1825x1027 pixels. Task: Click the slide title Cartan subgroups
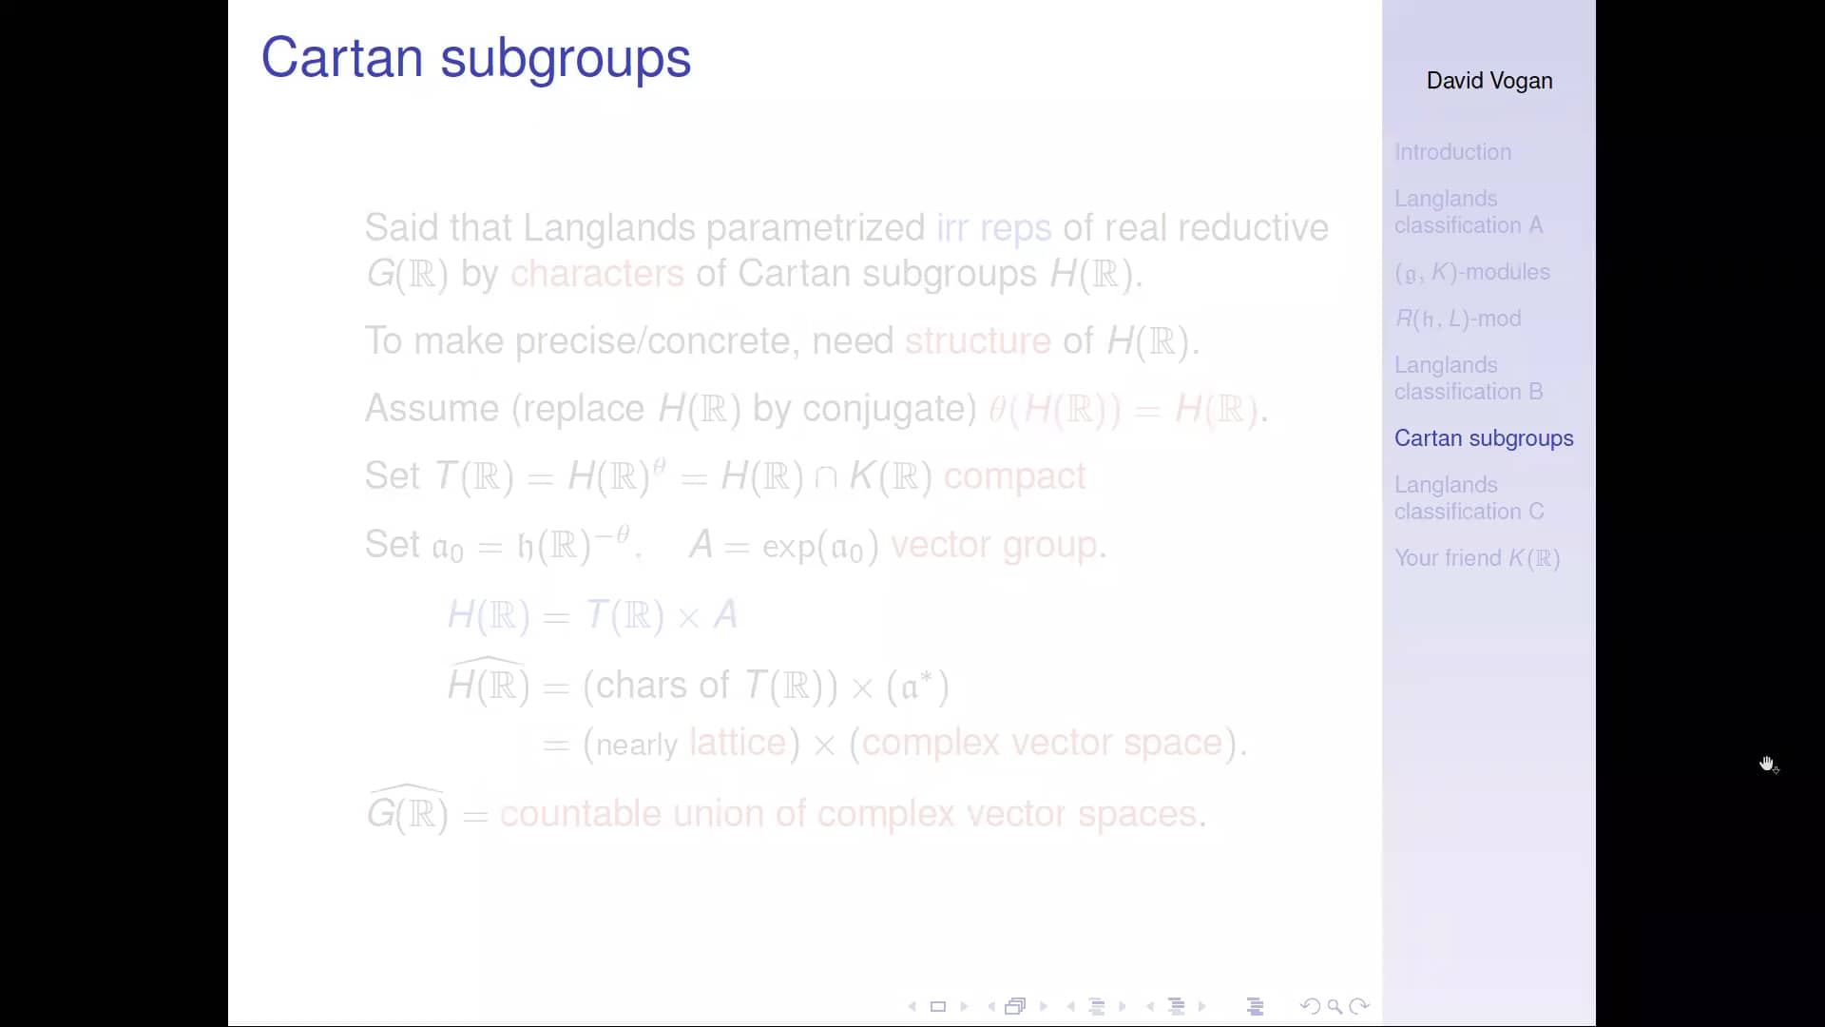pyautogui.click(x=475, y=58)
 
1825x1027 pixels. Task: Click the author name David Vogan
pyautogui.click(x=1489, y=81)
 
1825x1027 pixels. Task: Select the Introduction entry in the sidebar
pyautogui.click(x=1452, y=152)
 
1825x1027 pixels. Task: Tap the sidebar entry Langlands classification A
pyautogui.click(x=1468, y=212)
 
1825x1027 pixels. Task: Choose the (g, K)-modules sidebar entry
pyautogui.click(x=1471, y=272)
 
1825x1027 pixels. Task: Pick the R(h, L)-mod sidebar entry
pyautogui.click(x=1457, y=319)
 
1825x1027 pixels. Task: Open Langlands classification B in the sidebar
pyautogui.click(x=1468, y=378)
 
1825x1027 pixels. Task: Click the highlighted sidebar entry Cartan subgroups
pyautogui.click(x=1483, y=438)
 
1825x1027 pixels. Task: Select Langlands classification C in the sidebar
pyautogui.click(x=1469, y=498)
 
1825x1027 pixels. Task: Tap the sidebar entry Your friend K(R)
pyautogui.click(x=1477, y=558)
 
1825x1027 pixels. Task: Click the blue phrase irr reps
pyautogui.click(x=993, y=228)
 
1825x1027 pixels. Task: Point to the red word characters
pyautogui.click(x=597, y=274)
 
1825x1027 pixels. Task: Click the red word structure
pyautogui.click(x=977, y=340)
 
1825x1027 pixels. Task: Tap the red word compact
pyautogui.click(x=1014, y=476)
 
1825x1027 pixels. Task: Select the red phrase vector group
pyautogui.click(x=993, y=545)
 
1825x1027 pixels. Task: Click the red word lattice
pyautogui.click(x=738, y=743)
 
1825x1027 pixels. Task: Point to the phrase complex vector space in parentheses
pyautogui.click(x=1042, y=743)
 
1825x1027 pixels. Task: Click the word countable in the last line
pyautogui.click(x=580, y=814)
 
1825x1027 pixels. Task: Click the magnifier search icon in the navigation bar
pyautogui.click(x=1335, y=1006)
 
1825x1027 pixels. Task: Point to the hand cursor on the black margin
pyautogui.click(x=1767, y=765)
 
